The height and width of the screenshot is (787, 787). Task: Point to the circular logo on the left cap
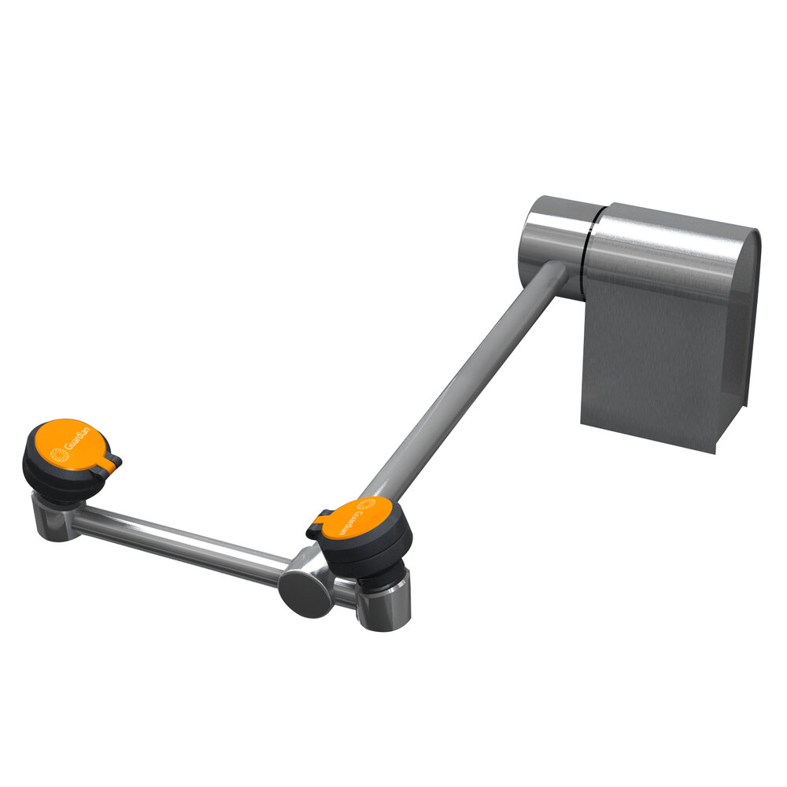point(56,454)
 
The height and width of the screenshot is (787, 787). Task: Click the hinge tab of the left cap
point(107,466)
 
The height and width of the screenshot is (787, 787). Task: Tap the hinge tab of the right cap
point(320,523)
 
